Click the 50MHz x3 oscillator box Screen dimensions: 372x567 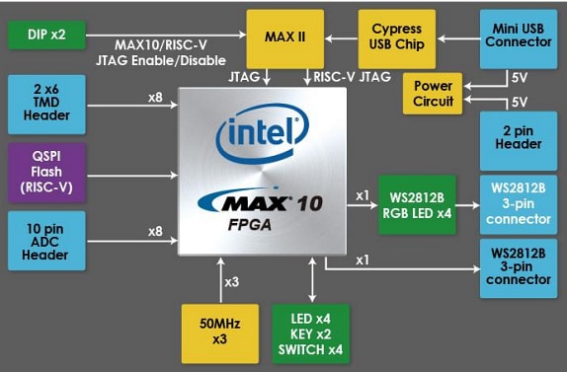pyautogui.click(x=220, y=333)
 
